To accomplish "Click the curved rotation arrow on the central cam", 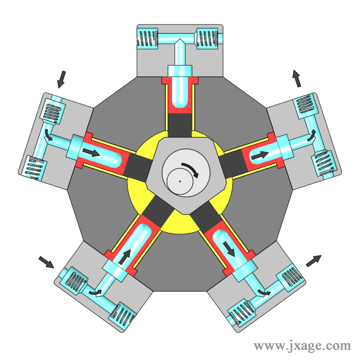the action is (x=192, y=168).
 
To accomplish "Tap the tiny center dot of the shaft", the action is (x=180, y=181).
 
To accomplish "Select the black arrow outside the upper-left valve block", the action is (x=61, y=79).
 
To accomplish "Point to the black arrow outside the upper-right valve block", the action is (x=297, y=79).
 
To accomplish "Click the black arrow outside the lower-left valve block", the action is (x=46, y=262).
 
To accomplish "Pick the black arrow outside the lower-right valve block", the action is (x=314, y=261).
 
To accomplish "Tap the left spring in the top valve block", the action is (x=147, y=38).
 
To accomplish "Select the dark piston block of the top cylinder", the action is (x=180, y=125).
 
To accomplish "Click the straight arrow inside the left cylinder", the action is (x=91, y=153).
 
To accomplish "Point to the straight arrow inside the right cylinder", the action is (x=260, y=155).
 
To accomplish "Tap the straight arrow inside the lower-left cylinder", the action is (x=125, y=257).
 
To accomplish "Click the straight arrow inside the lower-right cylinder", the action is (x=229, y=249).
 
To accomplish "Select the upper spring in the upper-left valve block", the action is (x=52, y=111).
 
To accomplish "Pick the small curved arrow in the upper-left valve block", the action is (x=49, y=135).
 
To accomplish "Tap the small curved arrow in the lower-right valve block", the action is (x=264, y=292).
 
